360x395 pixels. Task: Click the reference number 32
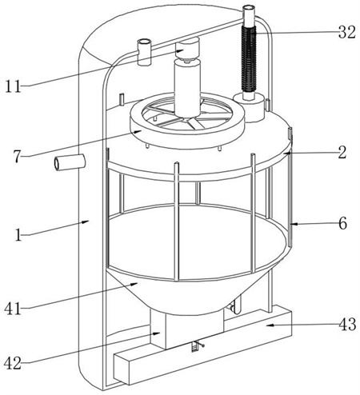click(347, 32)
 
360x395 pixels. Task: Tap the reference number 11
click(13, 86)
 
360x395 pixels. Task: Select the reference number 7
click(17, 157)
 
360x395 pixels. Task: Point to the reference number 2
click(342, 153)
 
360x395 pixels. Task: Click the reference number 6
click(343, 223)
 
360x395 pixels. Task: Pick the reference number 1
click(18, 235)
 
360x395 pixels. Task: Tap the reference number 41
click(13, 309)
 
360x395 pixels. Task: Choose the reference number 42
click(13, 363)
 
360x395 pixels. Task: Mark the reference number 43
click(347, 324)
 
